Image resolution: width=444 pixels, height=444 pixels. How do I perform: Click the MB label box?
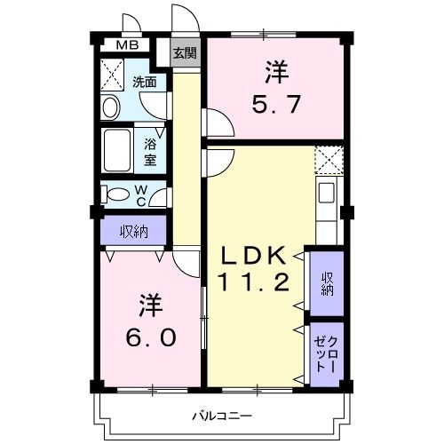click(129, 45)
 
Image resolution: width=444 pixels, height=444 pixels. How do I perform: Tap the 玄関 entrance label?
click(186, 53)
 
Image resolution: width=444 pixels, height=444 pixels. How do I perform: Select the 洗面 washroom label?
click(145, 83)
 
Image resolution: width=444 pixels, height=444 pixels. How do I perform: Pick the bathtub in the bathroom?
click(117, 150)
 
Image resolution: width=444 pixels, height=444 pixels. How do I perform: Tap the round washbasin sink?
click(111, 108)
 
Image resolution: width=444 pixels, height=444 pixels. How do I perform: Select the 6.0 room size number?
click(150, 338)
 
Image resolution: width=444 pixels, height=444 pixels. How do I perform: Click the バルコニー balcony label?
click(222, 416)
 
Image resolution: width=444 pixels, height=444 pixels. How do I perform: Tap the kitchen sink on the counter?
click(326, 192)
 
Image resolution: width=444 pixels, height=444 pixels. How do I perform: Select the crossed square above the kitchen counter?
click(329, 160)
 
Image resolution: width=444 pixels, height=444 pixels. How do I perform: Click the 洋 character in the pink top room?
click(275, 70)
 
